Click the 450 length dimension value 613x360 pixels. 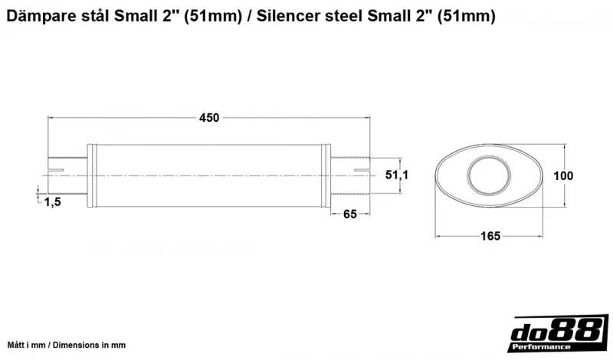tap(209, 117)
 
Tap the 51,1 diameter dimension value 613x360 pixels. tap(396, 175)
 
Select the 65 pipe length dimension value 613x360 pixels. tap(350, 214)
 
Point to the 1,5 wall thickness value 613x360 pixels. tap(53, 201)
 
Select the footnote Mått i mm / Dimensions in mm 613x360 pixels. tap(67, 345)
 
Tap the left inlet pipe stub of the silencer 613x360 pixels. tap(67, 175)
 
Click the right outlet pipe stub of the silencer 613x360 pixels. tap(351, 175)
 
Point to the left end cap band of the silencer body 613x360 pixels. tap(92, 175)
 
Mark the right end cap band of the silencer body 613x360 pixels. tap(326, 175)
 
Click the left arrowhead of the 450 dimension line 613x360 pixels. tap(52, 117)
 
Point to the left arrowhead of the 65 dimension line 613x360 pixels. tap(334, 214)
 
